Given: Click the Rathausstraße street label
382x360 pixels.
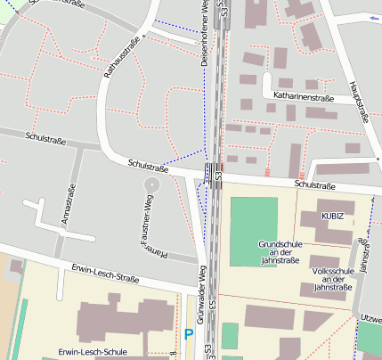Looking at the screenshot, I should pos(119,56).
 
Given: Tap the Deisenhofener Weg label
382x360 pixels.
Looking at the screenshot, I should pos(205,30).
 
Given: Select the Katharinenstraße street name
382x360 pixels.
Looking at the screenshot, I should pos(303,95).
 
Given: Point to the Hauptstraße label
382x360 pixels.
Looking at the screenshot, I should pos(360,99).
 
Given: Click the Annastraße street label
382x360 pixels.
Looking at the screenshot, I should pos(69,204).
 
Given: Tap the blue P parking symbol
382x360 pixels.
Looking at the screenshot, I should pos(188,335).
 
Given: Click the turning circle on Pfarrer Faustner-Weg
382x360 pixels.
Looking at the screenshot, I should pos(150,184).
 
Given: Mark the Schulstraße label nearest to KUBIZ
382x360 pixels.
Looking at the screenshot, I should pos(314,185).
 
